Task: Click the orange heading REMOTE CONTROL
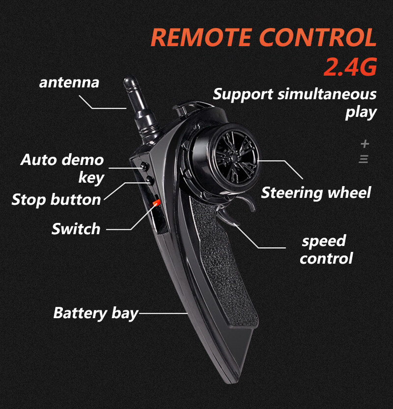(x=264, y=37)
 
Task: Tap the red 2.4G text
(x=350, y=67)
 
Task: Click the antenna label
(x=69, y=82)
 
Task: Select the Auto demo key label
(x=62, y=168)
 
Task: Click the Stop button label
(x=56, y=200)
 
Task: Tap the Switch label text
(x=76, y=229)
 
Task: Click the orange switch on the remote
(x=156, y=203)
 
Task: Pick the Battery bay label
(x=95, y=313)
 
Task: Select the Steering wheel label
(x=316, y=193)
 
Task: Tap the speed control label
(x=326, y=249)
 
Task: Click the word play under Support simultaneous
(x=361, y=113)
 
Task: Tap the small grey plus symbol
(x=365, y=144)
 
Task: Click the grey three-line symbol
(x=363, y=159)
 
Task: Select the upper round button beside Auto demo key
(x=144, y=165)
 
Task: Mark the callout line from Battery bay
(x=164, y=313)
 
